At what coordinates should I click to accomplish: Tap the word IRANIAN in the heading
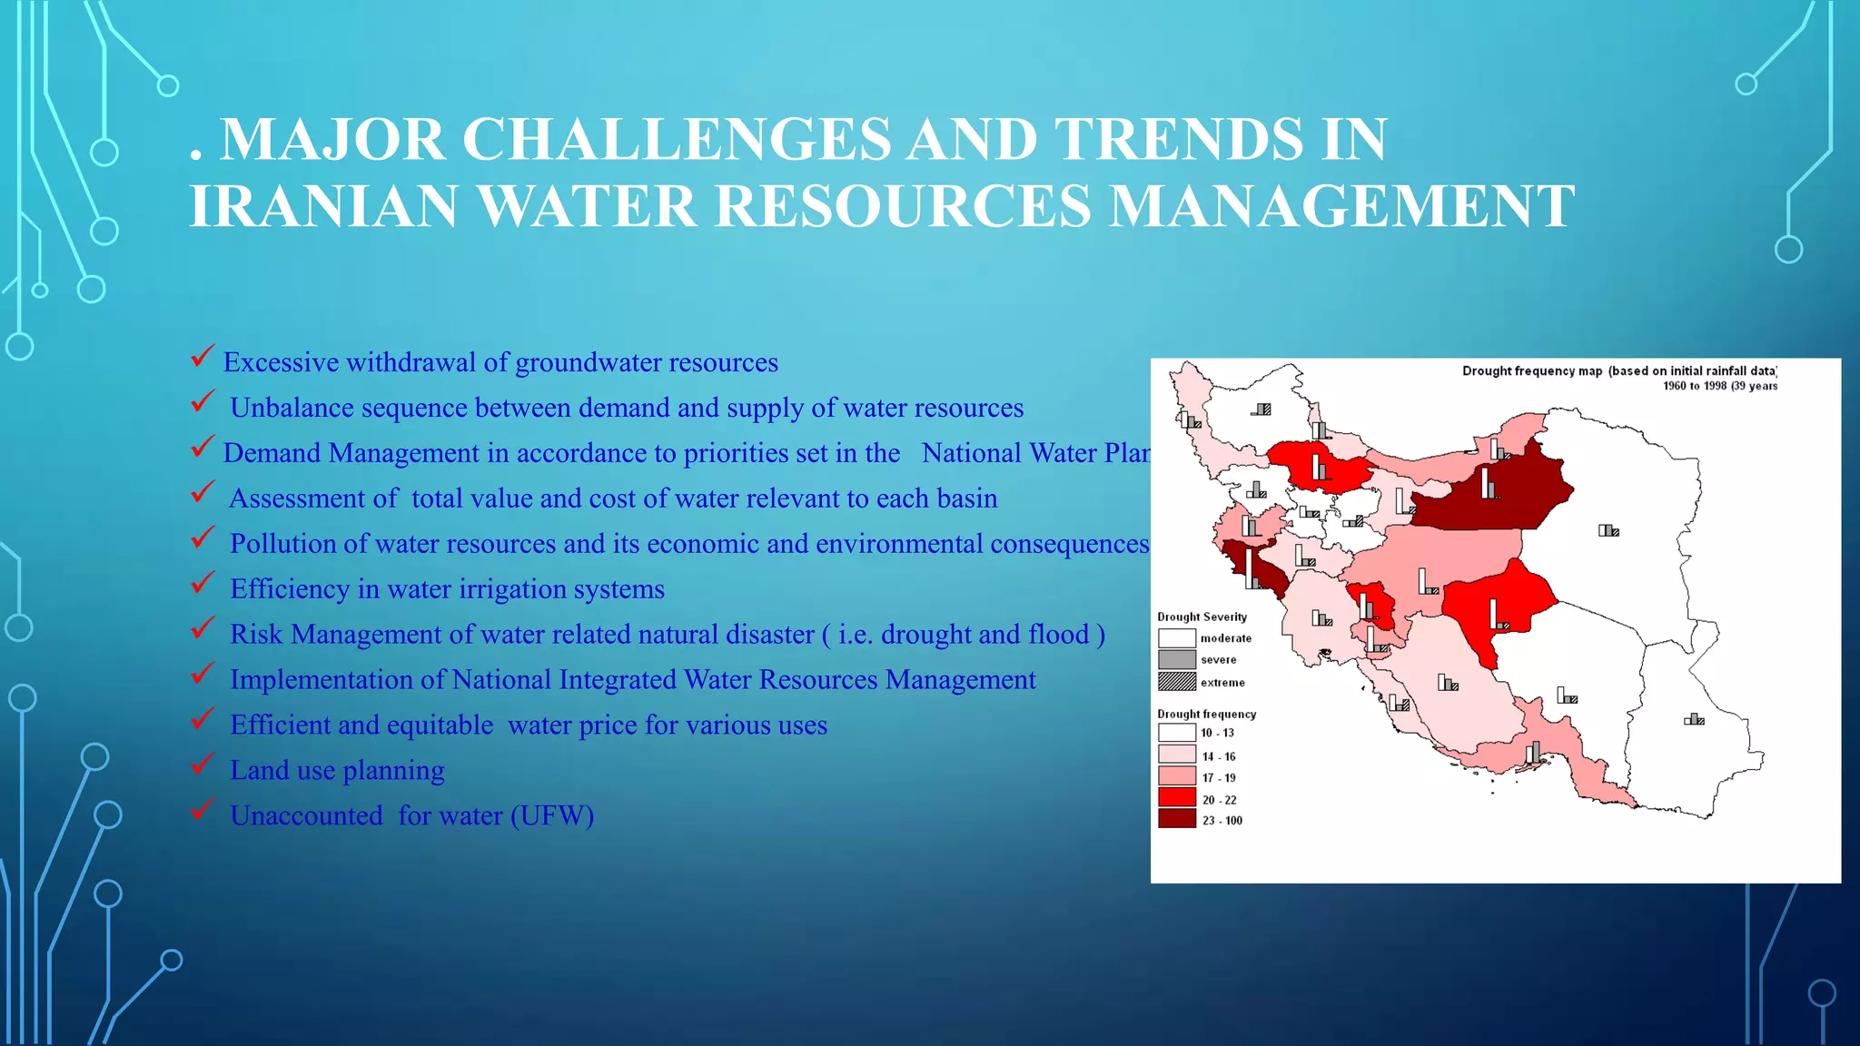[x=322, y=206]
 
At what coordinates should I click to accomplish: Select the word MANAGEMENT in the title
[x=1341, y=206]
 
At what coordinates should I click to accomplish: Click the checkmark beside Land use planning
[x=203, y=764]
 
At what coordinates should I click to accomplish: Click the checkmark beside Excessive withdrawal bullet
[x=203, y=356]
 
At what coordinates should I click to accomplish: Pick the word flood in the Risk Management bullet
[x=1058, y=635]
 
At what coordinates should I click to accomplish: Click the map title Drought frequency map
[x=1531, y=370]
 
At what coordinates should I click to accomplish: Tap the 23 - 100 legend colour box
[x=1176, y=819]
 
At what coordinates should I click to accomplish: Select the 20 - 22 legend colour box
[x=1176, y=798]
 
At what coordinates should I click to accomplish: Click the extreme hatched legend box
[x=1176, y=682]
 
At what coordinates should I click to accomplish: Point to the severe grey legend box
[x=1176, y=660]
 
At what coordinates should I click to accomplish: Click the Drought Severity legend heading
[x=1202, y=617]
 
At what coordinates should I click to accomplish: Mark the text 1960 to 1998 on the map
[x=1695, y=386]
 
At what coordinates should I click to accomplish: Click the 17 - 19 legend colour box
[x=1176, y=776]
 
